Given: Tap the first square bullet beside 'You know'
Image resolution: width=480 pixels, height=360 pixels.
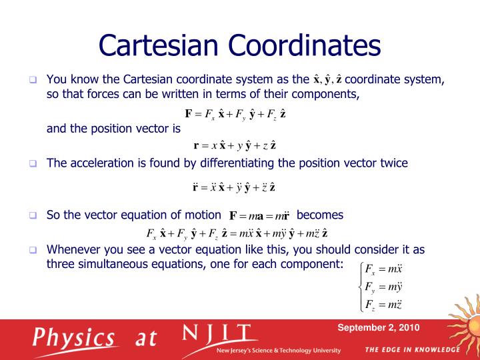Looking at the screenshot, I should [31, 80].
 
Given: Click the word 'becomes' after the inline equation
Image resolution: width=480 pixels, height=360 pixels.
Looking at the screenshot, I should [320, 215].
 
